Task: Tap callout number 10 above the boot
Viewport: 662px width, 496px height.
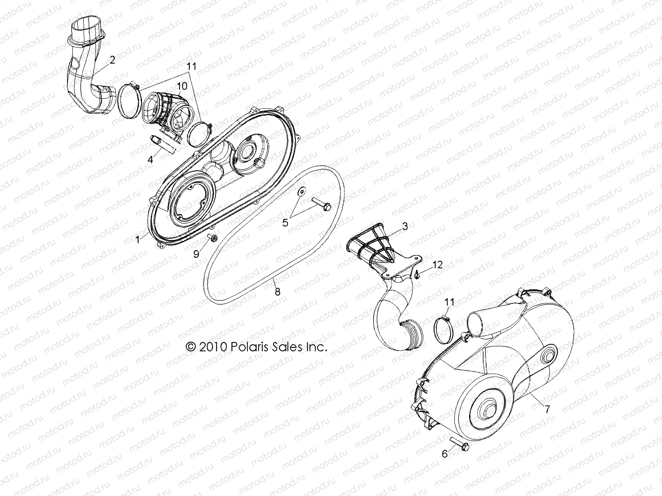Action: (182, 86)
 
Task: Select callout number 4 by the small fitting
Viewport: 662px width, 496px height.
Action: (151, 159)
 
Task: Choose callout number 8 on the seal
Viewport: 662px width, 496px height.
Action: (277, 292)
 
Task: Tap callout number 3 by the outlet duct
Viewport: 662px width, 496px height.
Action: (405, 226)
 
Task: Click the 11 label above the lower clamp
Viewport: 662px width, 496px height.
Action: (449, 302)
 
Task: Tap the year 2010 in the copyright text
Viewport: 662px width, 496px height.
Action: (211, 347)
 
